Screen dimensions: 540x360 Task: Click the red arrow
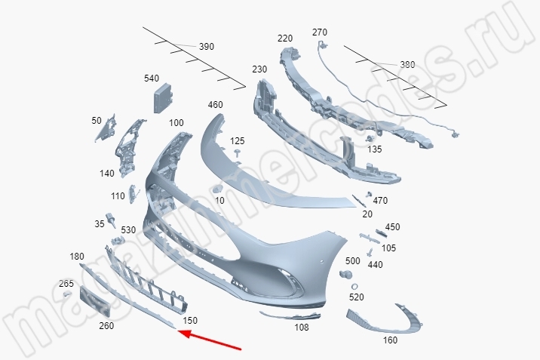(210, 340)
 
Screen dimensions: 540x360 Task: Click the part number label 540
(152, 78)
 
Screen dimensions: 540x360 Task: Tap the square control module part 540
(164, 98)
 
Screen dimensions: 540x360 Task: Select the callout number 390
(207, 47)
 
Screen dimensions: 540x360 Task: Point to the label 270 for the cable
(320, 32)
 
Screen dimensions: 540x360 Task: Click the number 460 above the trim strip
(215, 105)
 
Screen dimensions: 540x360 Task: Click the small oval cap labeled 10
(218, 189)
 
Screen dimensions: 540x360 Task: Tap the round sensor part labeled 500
(345, 275)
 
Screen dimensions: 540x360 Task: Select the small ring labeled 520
(354, 287)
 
